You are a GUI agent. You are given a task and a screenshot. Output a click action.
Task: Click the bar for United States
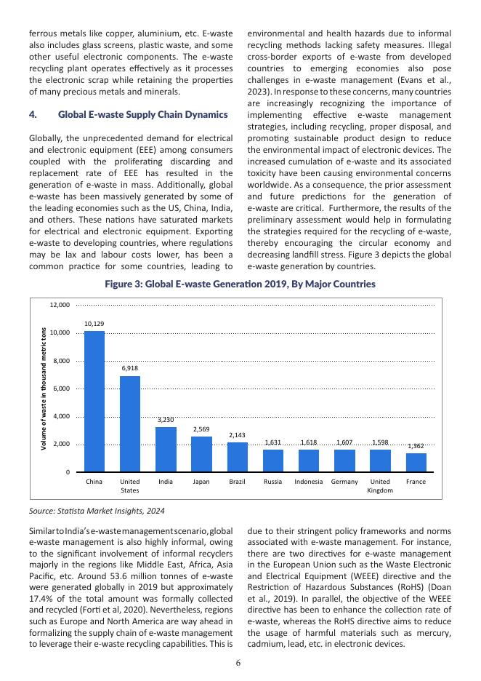(x=130, y=423)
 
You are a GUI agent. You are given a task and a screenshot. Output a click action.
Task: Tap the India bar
(x=166, y=449)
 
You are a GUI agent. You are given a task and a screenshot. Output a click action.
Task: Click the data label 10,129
(x=94, y=323)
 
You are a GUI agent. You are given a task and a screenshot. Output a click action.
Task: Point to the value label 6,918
(x=130, y=368)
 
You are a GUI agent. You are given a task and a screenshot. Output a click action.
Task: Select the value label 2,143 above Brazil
(x=237, y=435)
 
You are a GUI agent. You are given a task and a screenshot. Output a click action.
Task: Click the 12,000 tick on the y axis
(x=59, y=305)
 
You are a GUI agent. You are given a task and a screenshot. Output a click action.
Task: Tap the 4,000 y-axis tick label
(x=61, y=416)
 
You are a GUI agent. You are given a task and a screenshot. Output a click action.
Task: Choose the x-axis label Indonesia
(x=309, y=482)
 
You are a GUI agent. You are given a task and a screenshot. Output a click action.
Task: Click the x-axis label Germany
(x=344, y=482)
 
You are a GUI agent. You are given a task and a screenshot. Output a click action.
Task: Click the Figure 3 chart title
(x=240, y=284)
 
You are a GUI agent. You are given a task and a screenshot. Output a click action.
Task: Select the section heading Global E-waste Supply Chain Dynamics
(x=142, y=115)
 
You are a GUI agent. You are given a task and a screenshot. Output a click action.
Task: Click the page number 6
(x=240, y=662)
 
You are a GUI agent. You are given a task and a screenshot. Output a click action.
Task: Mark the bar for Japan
(x=201, y=454)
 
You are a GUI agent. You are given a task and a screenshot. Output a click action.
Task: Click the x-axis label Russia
(x=273, y=482)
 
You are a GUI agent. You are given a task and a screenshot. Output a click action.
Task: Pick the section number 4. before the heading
(x=33, y=115)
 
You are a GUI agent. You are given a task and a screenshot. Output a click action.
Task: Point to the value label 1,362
(x=416, y=446)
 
